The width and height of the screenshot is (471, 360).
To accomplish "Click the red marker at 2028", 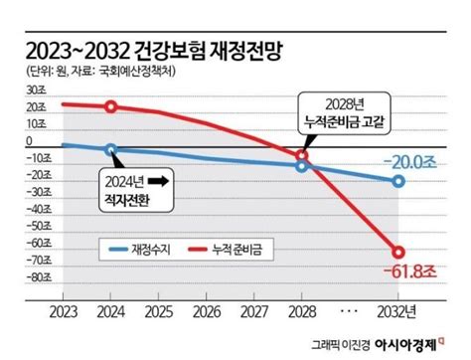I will [x=303, y=156].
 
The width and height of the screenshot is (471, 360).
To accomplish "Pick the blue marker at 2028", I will [x=303, y=166].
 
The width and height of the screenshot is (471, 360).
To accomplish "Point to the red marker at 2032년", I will [x=398, y=252].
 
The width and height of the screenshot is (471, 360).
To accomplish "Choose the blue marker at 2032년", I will [x=398, y=181].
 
